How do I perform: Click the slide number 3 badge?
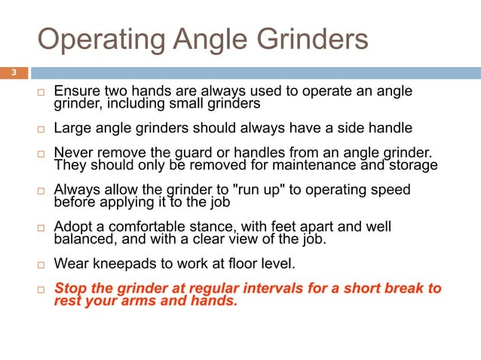tap(13, 73)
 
